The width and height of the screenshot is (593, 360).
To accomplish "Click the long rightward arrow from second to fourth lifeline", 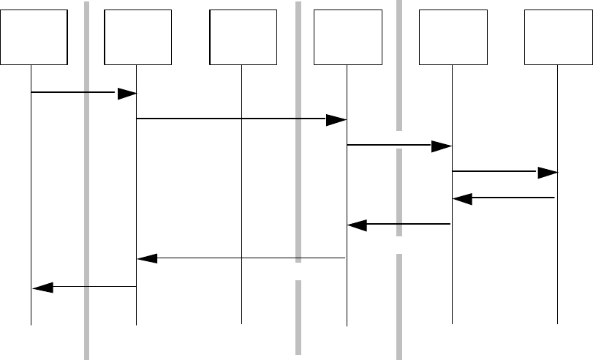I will click(241, 119).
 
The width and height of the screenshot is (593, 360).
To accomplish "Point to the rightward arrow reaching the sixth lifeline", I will click(505, 173).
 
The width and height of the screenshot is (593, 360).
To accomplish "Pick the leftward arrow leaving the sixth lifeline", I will click(505, 198).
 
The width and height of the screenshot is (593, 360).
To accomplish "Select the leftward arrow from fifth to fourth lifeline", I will click(399, 225).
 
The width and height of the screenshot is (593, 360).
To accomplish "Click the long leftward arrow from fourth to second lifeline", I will click(241, 258).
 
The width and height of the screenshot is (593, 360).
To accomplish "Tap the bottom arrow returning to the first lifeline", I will click(84, 287).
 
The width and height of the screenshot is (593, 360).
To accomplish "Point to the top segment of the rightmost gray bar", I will click(399, 66).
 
